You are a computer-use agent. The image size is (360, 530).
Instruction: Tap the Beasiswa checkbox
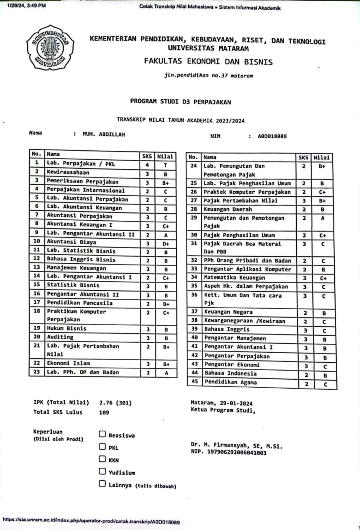point(102,434)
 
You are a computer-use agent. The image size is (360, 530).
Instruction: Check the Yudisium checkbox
point(102,471)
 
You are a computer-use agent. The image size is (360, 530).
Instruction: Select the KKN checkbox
point(102,459)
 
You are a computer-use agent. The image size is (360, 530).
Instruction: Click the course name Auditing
point(60,337)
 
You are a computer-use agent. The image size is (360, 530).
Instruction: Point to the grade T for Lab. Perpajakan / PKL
point(166,164)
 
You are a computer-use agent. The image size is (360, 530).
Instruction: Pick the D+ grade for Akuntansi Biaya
point(166,243)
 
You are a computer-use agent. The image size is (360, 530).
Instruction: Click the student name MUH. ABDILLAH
point(104,135)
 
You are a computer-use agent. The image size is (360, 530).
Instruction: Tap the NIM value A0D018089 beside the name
point(272,136)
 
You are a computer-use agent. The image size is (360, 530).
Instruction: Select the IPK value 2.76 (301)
point(115,402)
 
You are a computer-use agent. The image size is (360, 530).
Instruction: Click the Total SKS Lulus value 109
point(104,412)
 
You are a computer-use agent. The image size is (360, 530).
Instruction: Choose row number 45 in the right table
point(193,382)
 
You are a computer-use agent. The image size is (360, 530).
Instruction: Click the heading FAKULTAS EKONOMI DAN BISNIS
point(208,62)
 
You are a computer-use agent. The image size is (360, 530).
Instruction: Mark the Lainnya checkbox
point(102,484)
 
